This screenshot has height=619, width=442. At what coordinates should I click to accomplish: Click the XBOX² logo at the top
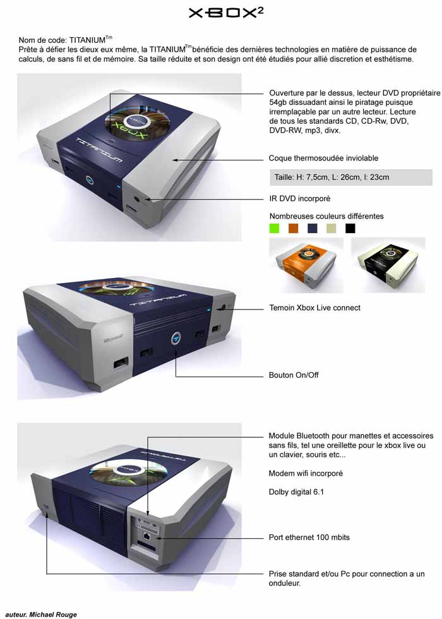[x=226, y=13]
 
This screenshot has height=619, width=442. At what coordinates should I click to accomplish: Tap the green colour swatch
[x=274, y=228]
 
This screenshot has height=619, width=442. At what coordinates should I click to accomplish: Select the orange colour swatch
[x=293, y=228]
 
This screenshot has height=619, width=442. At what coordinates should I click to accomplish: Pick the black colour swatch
[x=350, y=228]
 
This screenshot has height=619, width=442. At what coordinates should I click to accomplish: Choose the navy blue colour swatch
[x=312, y=228]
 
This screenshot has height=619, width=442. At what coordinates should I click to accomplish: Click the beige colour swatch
[x=331, y=228]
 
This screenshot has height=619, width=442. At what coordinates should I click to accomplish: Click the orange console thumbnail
[x=306, y=265]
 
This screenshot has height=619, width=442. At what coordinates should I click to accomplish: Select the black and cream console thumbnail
[x=388, y=265]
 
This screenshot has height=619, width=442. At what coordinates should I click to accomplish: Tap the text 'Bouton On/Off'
[x=294, y=375]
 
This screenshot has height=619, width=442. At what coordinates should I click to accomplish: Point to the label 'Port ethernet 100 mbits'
[x=309, y=538]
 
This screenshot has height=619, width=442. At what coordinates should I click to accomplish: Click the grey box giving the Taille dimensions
[x=351, y=177]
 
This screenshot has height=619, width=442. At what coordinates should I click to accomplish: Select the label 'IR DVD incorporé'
[x=299, y=198]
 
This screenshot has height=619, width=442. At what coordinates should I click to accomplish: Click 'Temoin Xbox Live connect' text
[x=315, y=308]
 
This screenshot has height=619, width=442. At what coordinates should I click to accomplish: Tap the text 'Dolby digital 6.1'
[x=296, y=492]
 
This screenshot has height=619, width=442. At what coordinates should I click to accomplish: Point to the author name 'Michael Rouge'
[x=53, y=614]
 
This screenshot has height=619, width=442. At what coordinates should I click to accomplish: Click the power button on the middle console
[x=176, y=339]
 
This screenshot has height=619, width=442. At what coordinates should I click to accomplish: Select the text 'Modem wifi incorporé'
[x=306, y=473]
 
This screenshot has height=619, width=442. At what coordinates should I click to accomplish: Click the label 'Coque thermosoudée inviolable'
[x=323, y=159]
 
